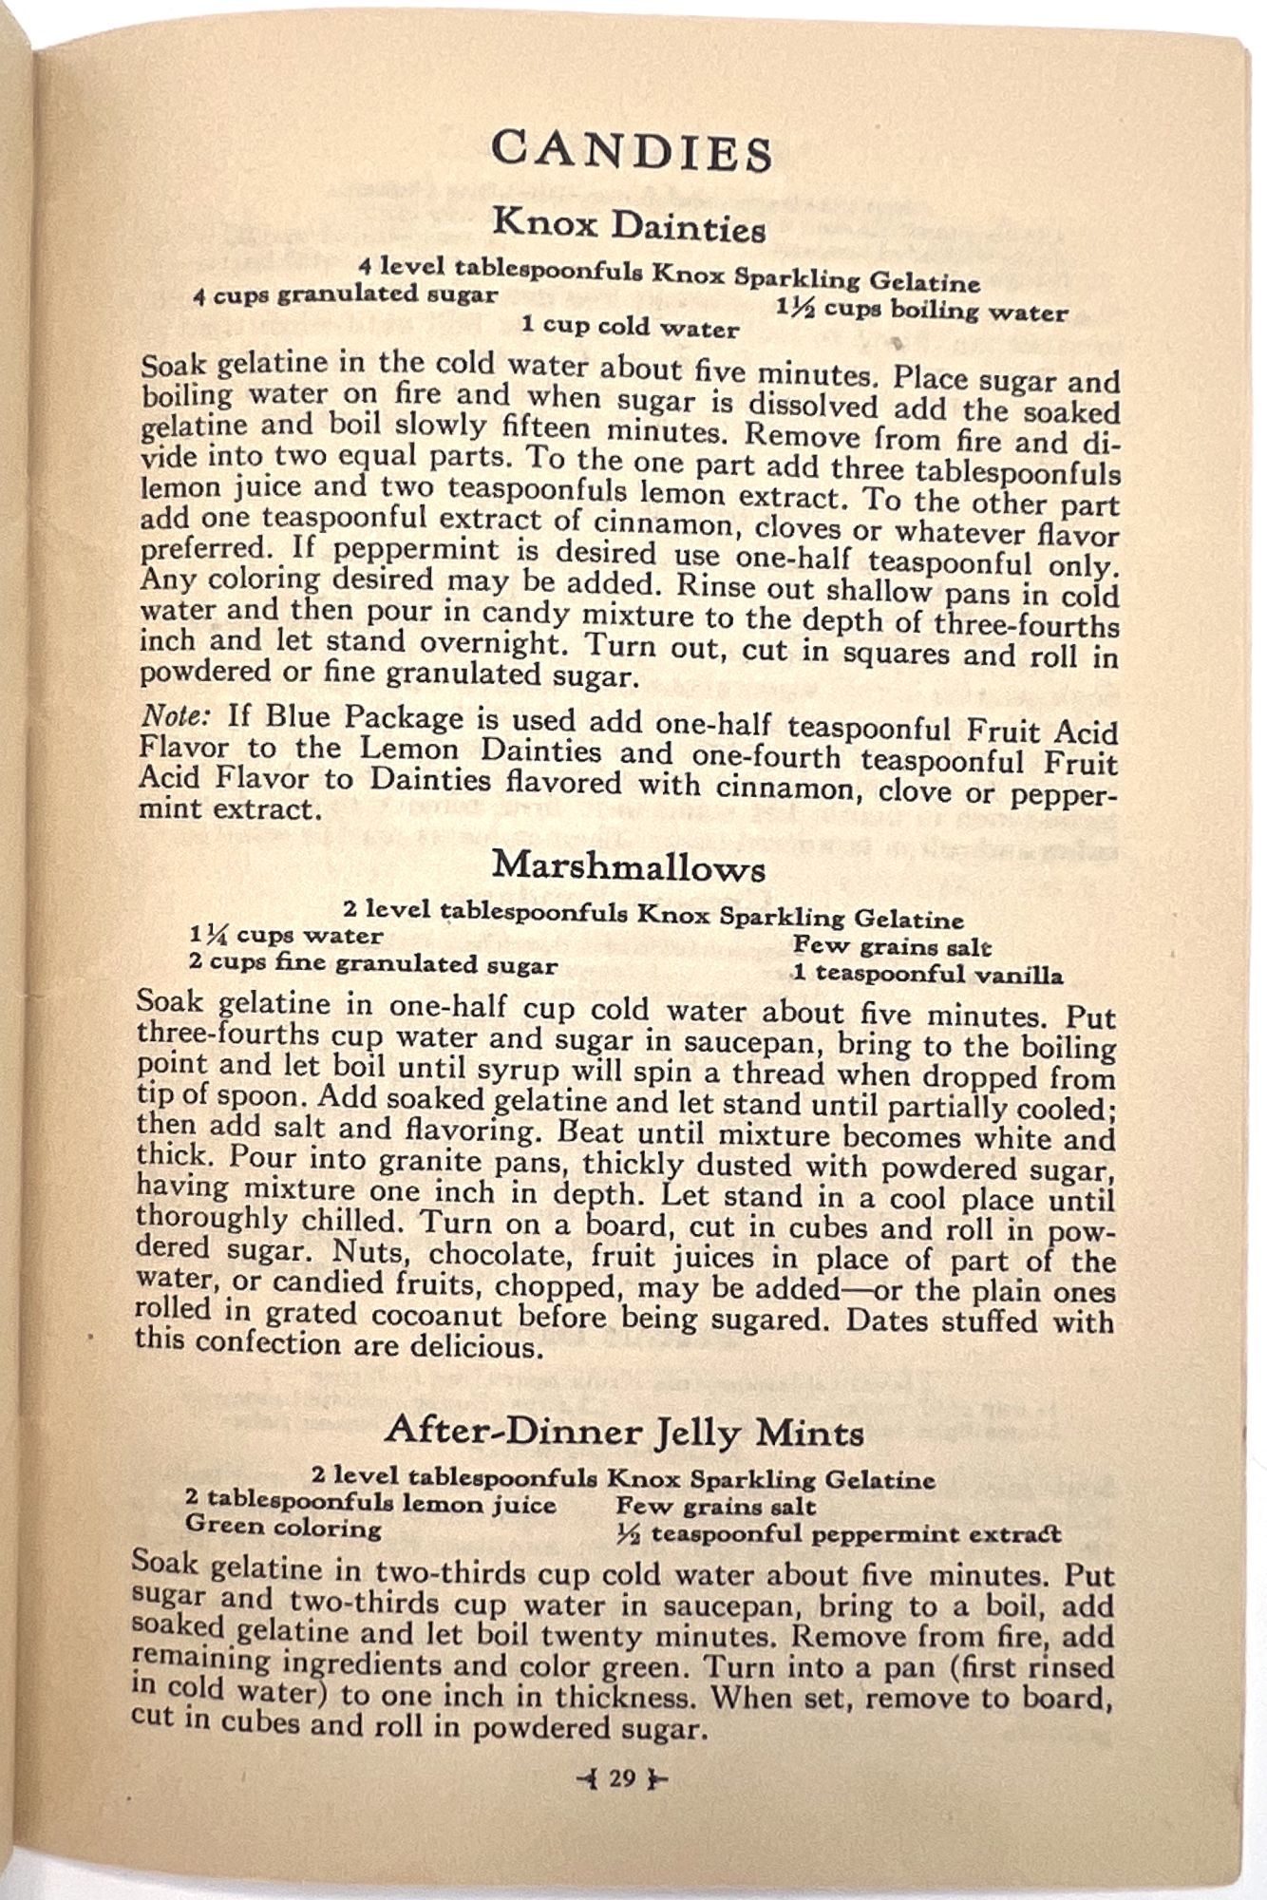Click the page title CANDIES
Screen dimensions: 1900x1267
point(632,152)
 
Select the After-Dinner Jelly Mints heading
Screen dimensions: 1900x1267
point(624,1430)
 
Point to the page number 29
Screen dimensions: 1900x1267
point(622,1778)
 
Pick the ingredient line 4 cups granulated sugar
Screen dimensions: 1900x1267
point(345,294)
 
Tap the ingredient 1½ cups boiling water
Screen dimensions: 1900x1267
point(921,310)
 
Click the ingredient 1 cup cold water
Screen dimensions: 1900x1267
point(630,328)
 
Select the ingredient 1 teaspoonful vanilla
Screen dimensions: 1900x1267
point(928,974)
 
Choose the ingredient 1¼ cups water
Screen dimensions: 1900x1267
point(286,936)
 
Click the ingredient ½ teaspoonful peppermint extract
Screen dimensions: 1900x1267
point(839,1534)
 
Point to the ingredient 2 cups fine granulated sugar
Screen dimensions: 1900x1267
point(372,964)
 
